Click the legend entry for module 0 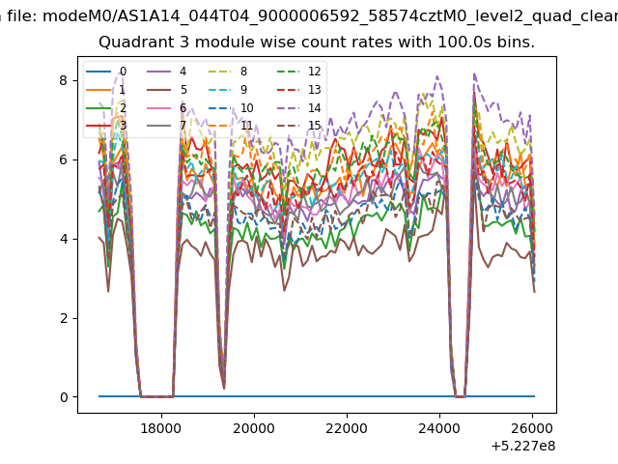[106, 72]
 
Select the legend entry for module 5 [167, 90]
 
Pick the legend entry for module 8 [228, 72]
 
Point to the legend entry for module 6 [167, 108]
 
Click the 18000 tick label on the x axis [161, 428]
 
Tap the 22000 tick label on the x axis [347, 428]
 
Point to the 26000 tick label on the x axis [532, 428]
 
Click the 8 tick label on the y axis [64, 80]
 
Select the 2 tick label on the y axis [64, 318]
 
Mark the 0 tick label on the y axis [64, 397]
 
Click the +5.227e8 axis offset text [523, 447]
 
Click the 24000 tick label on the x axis [439, 428]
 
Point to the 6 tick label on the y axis [64, 159]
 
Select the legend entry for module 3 [106, 126]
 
